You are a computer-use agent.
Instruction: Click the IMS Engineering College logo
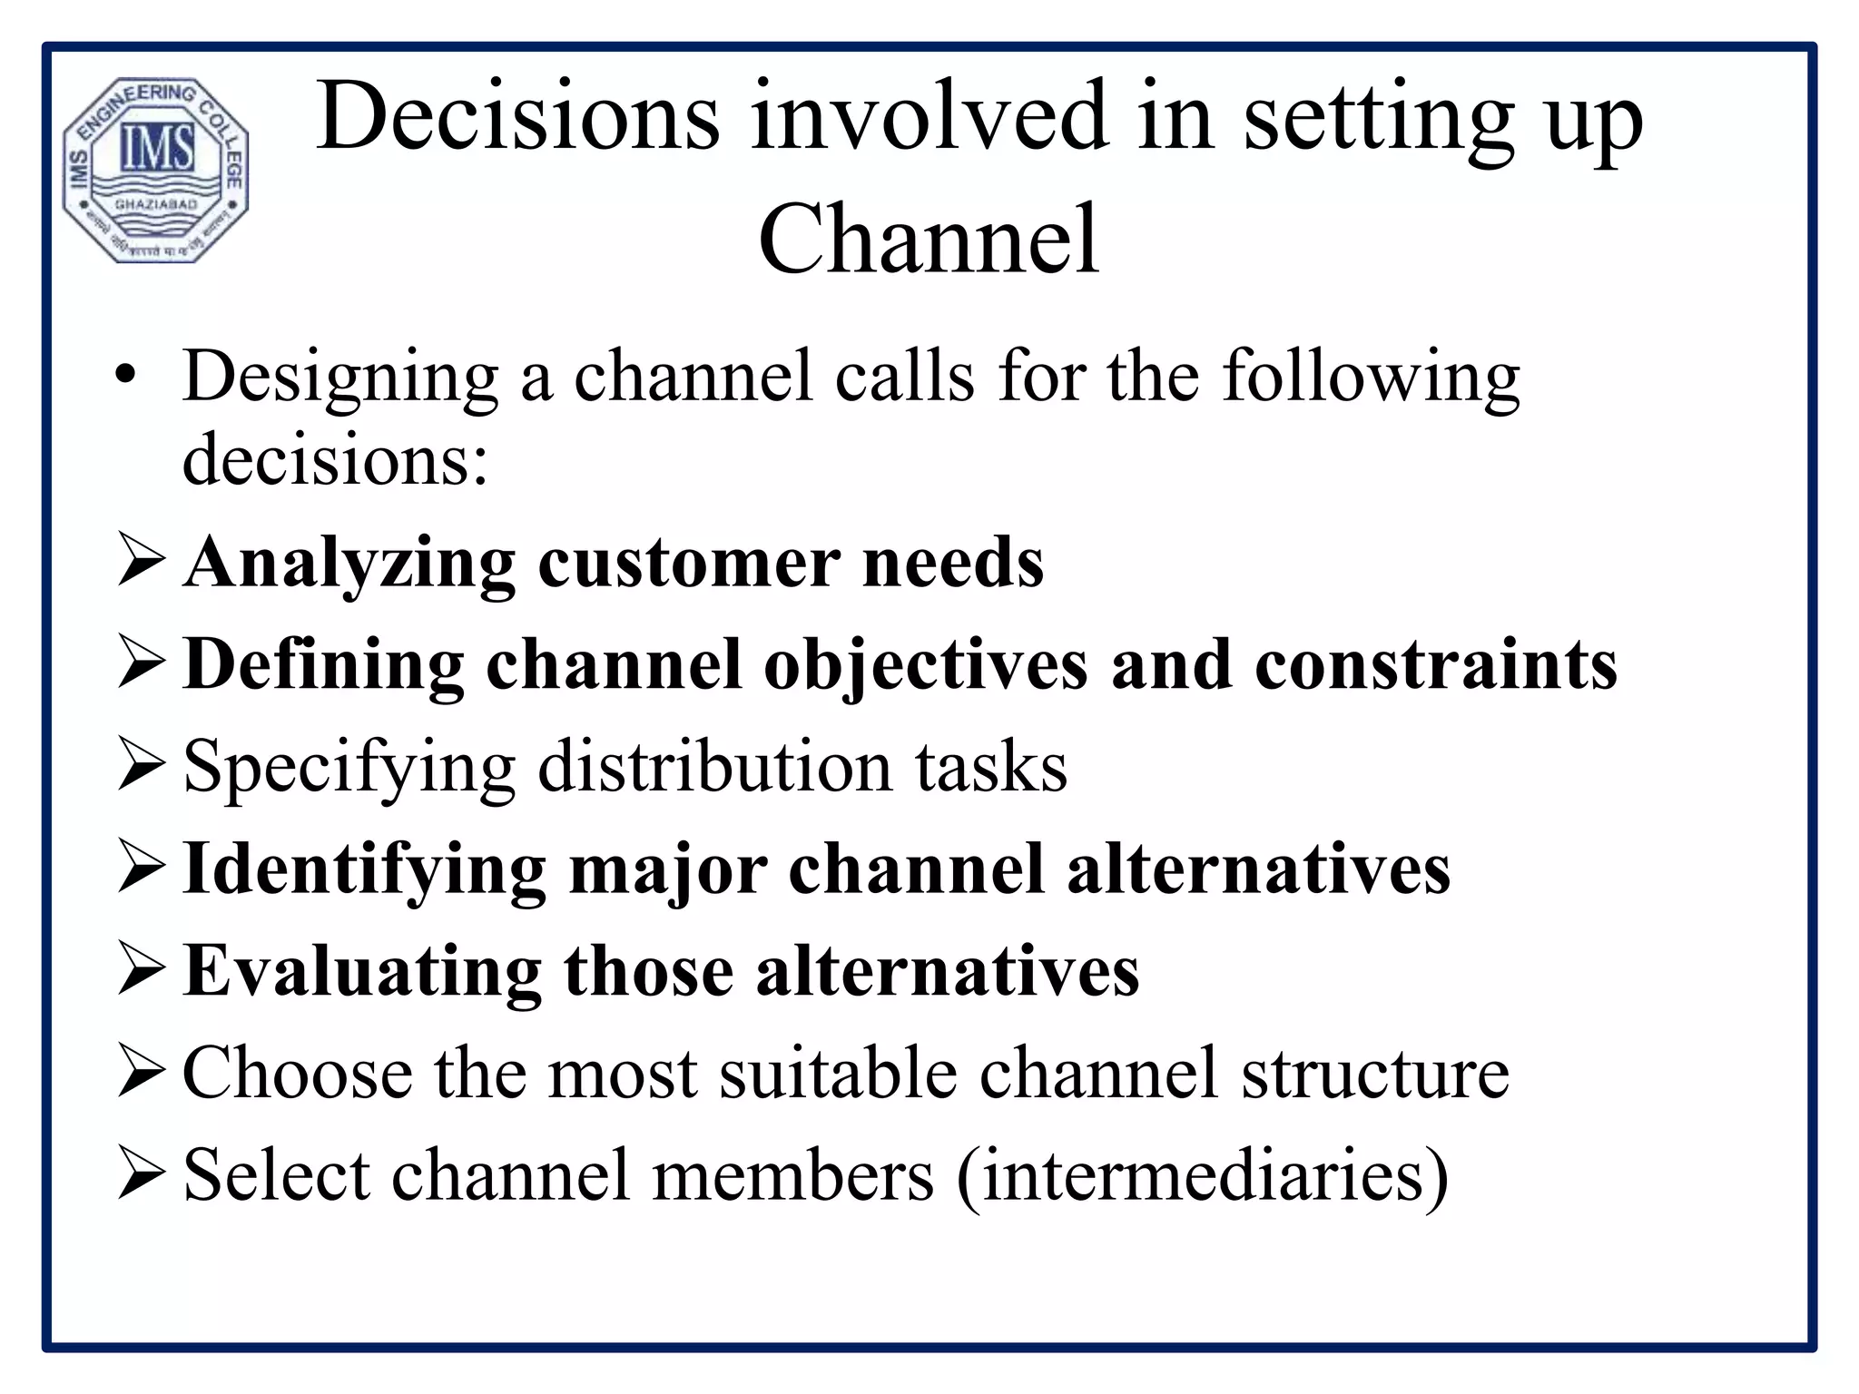[156, 170]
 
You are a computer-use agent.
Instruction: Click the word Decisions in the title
[518, 118]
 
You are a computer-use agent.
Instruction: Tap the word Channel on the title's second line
[929, 240]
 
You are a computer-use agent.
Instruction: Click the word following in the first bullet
[1371, 378]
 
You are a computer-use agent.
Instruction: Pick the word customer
[688, 564]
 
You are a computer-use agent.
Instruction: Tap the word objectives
[925, 666]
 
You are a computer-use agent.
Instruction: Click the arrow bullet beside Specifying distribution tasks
[141, 767]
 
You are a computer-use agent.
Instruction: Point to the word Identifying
[364, 870]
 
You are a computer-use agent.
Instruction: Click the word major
[668, 870]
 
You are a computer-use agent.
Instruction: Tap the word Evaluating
[362, 971]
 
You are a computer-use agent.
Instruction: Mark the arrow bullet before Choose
[141, 1074]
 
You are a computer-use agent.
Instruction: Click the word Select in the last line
[276, 1175]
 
